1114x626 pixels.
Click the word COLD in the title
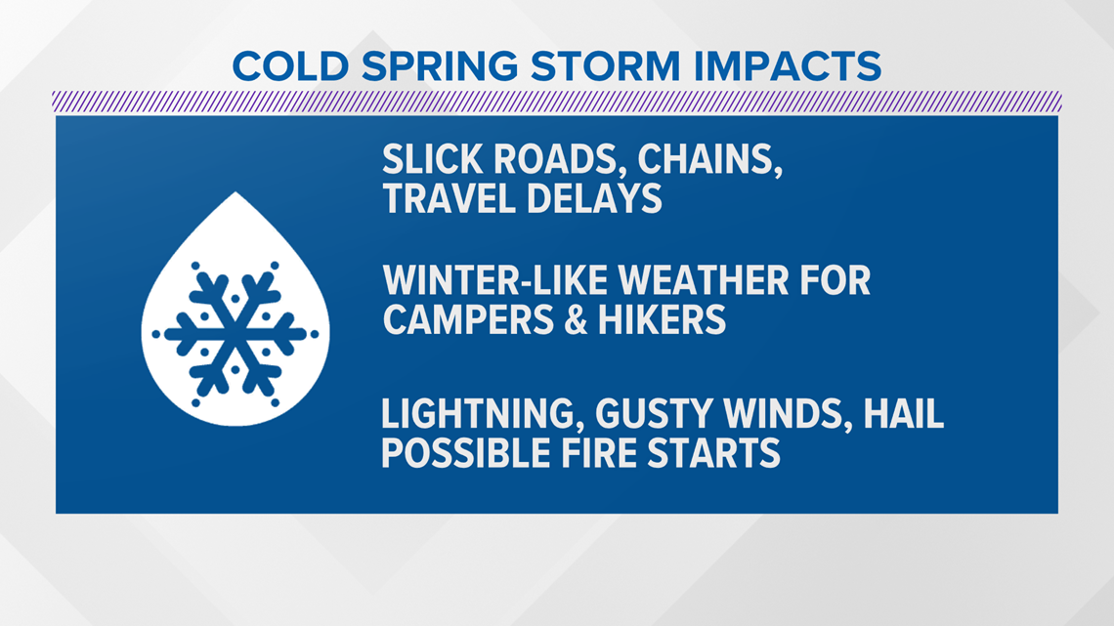coord(290,66)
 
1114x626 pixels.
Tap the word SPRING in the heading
coord(440,66)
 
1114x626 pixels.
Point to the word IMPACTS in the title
coord(788,66)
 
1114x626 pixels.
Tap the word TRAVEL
coord(450,198)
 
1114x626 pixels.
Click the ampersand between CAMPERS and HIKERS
coord(577,319)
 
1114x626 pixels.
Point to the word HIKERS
coord(663,319)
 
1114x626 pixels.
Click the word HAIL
coord(903,414)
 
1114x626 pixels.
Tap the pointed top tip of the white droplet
coord(236,191)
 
